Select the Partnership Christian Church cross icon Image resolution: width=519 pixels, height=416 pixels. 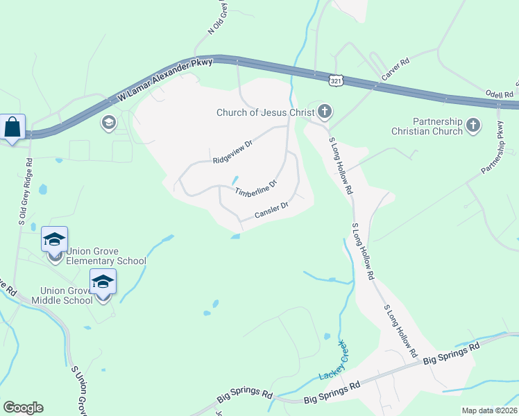[473, 125]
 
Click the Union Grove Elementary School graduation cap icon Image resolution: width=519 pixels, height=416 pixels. [54, 240]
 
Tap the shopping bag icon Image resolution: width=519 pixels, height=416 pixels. [12, 128]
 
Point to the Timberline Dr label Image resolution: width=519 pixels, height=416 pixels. [255, 187]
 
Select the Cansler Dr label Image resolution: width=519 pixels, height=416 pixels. [271, 210]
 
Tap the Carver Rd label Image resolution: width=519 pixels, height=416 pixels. [395, 71]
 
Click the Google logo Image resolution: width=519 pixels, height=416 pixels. [23, 408]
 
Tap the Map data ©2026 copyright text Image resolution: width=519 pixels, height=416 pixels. [488, 410]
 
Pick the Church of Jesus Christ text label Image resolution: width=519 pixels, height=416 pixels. [265, 112]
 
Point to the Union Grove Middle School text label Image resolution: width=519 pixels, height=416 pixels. [66, 295]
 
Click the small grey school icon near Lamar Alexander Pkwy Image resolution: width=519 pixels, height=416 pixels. [108, 123]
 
